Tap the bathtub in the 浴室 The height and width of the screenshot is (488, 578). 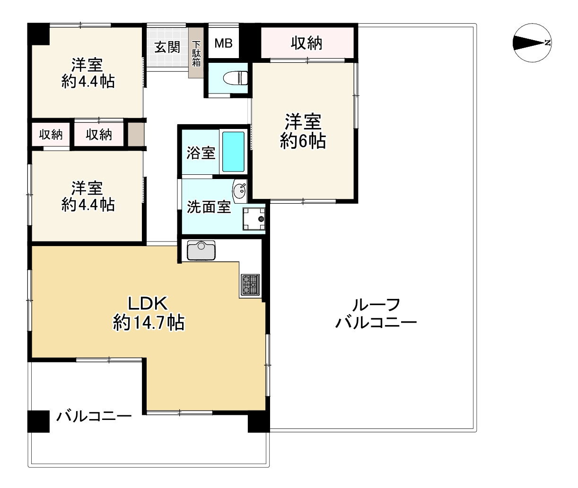click(233, 152)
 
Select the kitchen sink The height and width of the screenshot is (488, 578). click(201, 250)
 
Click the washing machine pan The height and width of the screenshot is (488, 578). click(254, 219)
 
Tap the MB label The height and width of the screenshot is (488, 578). click(223, 43)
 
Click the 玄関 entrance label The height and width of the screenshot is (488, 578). click(167, 47)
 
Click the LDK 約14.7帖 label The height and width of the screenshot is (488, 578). click(149, 313)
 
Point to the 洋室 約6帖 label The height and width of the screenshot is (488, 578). click(303, 131)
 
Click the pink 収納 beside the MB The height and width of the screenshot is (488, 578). click(307, 43)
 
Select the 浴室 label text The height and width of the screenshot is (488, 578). click(200, 153)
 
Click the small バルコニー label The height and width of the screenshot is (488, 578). click(94, 416)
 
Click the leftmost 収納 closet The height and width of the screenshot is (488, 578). click(51, 135)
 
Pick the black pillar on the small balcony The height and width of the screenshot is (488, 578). click(39, 421)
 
